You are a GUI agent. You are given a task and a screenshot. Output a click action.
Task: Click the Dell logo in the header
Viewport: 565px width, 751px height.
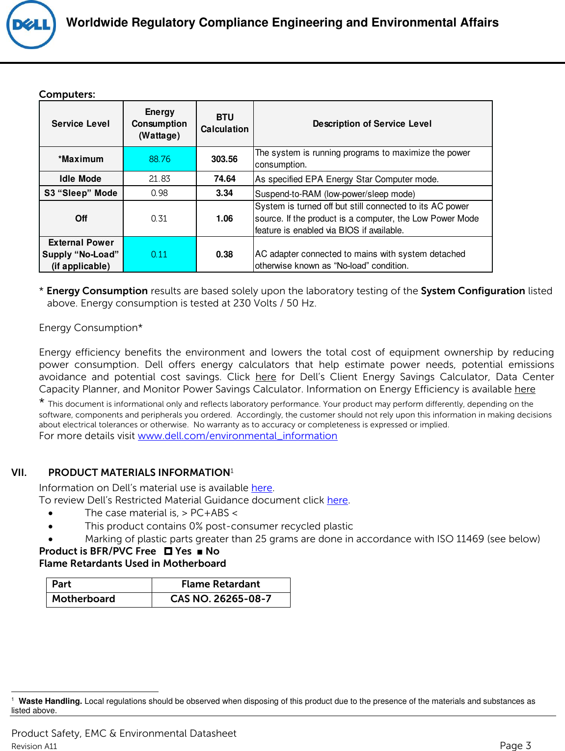(x=31, y=25)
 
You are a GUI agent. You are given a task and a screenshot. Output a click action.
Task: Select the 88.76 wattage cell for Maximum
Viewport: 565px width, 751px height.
(x=160, y=159)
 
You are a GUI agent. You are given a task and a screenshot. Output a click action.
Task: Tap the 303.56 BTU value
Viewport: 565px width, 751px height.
(x=224, y=159)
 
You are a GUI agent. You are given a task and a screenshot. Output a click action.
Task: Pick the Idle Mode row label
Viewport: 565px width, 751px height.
(x=81, y=179)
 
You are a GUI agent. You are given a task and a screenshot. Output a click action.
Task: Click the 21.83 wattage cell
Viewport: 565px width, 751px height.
(x=160, y=179)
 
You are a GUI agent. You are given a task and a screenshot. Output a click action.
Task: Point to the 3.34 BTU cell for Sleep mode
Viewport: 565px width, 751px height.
(x=224, y=193)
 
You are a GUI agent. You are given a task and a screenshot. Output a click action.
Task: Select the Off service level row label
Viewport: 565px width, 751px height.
(x=81, y=219)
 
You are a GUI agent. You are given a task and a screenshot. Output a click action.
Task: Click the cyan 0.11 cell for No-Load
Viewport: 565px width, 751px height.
(x=159, y=254)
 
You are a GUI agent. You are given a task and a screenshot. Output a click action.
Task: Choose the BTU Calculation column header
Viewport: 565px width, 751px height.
(x=224, y=123)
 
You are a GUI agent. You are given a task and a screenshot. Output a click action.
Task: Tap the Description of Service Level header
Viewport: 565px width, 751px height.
(x=372, y=124)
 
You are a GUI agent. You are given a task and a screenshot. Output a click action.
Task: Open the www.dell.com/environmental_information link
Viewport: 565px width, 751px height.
(x=237, y=436)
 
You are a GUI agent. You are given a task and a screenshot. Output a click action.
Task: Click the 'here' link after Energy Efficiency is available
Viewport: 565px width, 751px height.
(x=525, y=389)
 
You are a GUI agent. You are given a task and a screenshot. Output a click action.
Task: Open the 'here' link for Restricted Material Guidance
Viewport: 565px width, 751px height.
(x=337, y=500)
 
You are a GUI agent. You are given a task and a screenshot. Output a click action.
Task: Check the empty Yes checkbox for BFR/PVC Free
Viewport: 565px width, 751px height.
(x=168, y=552)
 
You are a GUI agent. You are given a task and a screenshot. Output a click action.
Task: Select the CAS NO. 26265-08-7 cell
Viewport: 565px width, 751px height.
(x=221, y=599)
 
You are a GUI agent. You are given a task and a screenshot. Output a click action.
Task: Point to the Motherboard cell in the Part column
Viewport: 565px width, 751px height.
(x=83, y=599)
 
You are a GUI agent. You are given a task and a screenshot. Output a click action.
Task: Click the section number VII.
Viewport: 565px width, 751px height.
(x=19, y=473)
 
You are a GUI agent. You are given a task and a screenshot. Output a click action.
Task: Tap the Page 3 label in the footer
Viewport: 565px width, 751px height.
(x=515, y=745)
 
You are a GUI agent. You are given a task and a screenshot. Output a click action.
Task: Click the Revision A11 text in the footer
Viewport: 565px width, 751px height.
(x=34, y=746)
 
